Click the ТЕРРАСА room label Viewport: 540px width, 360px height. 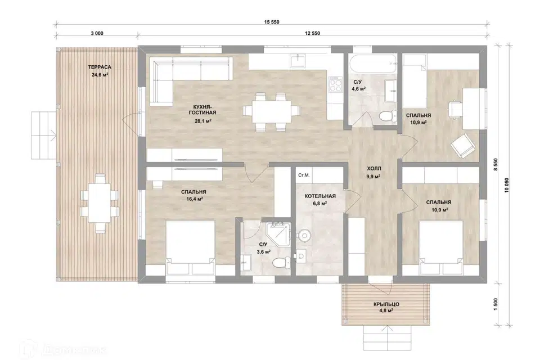tap(100, 67)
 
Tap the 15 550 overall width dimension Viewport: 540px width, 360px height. tap(272, 22)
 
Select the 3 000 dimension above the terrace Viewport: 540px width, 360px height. tap(97, 33)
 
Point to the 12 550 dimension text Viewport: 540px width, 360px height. tap(312, 33)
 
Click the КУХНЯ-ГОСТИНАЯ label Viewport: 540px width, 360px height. tap(202, 110)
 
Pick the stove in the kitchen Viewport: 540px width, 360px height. tap(335, 84)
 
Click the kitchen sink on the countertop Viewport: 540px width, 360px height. tap(298, 61)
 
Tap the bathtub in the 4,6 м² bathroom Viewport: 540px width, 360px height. tap(372, 64)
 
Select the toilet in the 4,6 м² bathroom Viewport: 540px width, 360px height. tap(388, 116)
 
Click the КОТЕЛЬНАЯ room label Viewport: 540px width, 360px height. tap(320, 196)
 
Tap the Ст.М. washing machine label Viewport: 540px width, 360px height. tap(304, 175)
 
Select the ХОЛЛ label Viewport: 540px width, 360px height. tap(374, 169)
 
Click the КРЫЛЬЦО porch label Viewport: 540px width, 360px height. tap(386, 304)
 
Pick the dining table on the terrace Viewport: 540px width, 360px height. tap(100, 203)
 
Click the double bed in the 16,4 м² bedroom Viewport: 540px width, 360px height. tap(191, 247)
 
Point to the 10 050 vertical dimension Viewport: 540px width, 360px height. tap(507, 185)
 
